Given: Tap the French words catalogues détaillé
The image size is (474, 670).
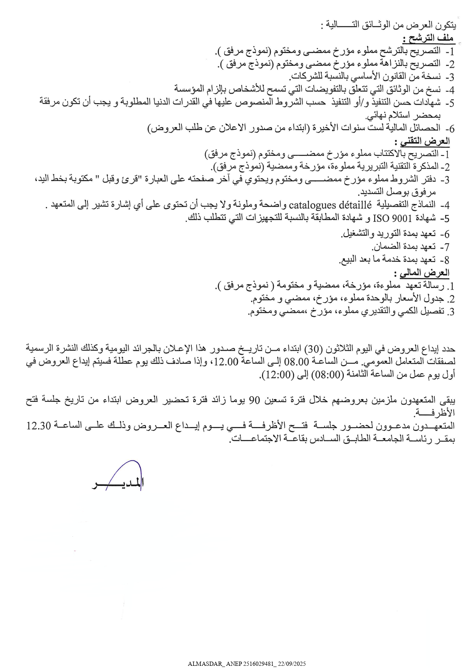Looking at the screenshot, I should point(330,206).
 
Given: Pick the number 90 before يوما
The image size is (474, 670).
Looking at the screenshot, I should point(255,400).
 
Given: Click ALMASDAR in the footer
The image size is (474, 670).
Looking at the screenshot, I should point(204,664).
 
